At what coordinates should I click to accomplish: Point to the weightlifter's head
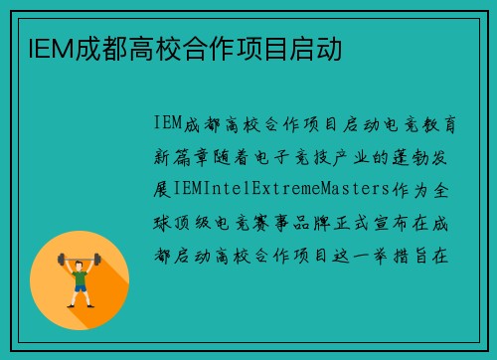(x=80, y=261)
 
